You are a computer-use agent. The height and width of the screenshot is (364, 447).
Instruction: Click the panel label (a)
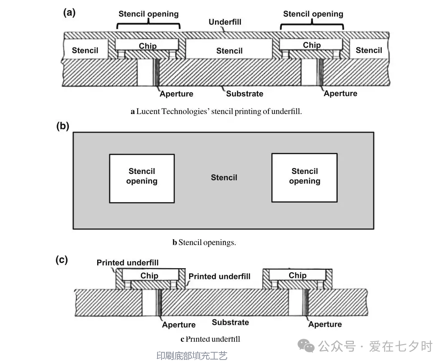pyautogui.click(x=69, y=13)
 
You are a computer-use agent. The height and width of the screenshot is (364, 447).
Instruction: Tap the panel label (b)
pyautogui.click(x=63, y=126)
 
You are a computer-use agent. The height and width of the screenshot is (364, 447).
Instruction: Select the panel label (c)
pyautogui.click(x=62, y=260)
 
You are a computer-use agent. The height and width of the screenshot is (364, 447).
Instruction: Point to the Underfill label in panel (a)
pyautogui.click(x=225, y=22)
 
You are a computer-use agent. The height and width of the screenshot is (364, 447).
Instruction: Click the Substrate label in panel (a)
pyautogui.click(x=245, y=93)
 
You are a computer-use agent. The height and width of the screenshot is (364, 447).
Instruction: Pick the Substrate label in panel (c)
pyautogui.click(x=230, y=322)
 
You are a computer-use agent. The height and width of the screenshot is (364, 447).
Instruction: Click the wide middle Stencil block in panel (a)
pyautogui.click(x=229, y=50)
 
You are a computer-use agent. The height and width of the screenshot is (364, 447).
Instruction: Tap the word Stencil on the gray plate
pyautogui.click(x=224, y=178)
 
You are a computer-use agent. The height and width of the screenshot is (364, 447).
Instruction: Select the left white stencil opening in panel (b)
pyautogui.click(x=142, y=178)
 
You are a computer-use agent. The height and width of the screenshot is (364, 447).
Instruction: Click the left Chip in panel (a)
pyautogui.click(x=147, y=45)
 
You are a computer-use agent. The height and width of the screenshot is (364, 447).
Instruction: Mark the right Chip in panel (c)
pyautogui.click(x=298, y=275)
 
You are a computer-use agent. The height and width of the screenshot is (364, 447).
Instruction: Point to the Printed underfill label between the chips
pyautogui.click(x=219, y=277)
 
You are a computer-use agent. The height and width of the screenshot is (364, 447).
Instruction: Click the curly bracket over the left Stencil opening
pyautogui.click(x=149, y=25)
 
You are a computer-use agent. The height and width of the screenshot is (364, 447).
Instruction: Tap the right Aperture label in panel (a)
pyautogui.click(x=341, y=93)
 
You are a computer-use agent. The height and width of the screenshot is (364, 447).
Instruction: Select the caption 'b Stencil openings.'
pyautogui.click(x=204, y=243)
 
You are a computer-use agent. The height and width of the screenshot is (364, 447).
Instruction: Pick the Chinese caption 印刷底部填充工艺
pyautogui.click(x=192, y=356)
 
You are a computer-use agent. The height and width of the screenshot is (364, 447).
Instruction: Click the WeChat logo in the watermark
pyautogui.click(x=306, y=345)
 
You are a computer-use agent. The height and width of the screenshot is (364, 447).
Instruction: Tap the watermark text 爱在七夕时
pyautogui.click(x=401, y=346)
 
